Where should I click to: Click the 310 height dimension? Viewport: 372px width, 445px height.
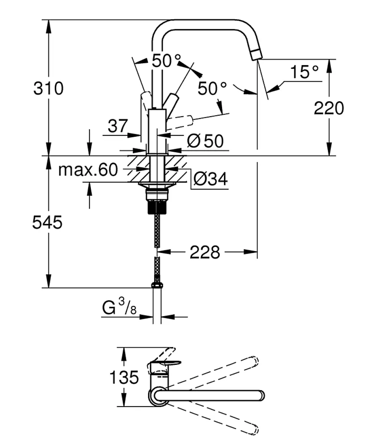tap(48, 89)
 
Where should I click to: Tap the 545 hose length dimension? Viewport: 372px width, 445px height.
tap(47, 222)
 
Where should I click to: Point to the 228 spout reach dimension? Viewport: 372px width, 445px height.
tap(205, 252)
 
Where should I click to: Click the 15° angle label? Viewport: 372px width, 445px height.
tap(304, 72)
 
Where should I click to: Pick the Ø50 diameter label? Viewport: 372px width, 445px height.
tap(205, 141)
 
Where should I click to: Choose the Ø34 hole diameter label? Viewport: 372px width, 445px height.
tap(210, 178)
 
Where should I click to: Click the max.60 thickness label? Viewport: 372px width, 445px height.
tap(88, 170)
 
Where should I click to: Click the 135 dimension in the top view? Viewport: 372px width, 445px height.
tap(124, 378)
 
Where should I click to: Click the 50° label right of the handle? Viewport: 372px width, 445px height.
tap(212, 89)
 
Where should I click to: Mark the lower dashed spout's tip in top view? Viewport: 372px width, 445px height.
tap(255, 430)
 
